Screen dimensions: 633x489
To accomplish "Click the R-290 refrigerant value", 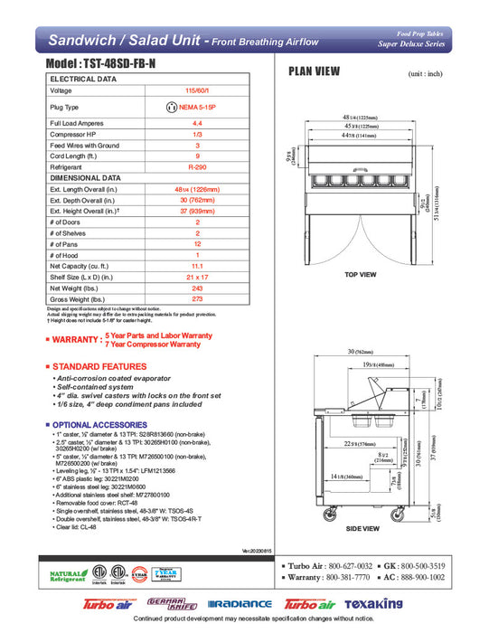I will point(197,167).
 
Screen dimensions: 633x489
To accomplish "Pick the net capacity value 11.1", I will point(197,267).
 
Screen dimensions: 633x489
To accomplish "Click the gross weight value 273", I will point(197,298).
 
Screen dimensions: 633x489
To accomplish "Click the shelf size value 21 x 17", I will point(197,277).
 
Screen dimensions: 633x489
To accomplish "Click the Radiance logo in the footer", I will point(239,604).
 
